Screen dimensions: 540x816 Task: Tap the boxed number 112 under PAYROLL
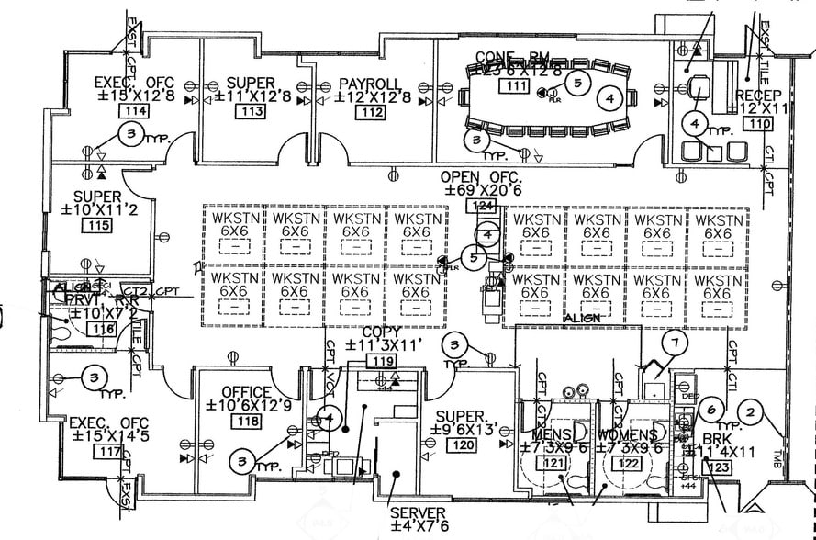[x=372, y=112]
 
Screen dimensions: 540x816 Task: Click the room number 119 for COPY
[x=383, y=362]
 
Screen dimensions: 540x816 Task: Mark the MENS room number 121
[x=554, y=465]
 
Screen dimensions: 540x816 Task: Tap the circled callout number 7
[x=675, y=343]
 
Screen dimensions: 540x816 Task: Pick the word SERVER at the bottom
[x=419, y=512]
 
